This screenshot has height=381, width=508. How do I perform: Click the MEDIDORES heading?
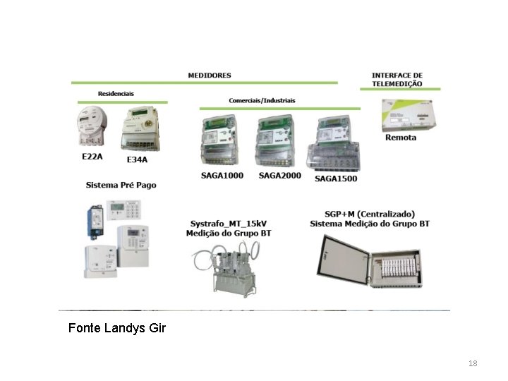(209, 75)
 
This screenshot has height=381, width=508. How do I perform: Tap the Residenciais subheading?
(116, 94)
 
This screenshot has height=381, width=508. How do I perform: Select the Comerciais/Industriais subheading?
(262, 101)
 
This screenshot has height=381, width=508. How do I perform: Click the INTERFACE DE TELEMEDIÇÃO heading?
(397, 79)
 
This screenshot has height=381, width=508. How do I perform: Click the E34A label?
(137, 159)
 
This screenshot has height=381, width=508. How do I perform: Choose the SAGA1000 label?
(223, 175)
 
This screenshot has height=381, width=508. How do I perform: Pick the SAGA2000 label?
(279, 175)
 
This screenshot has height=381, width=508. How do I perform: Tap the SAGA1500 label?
(336, 179)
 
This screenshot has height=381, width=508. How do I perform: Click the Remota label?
(400, 138)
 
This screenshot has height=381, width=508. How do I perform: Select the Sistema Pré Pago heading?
(121, 186)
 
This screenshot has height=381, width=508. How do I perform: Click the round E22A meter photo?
(90, 127)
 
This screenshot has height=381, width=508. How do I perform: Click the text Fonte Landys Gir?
(117, 328)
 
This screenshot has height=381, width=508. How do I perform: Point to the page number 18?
(473, 363)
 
